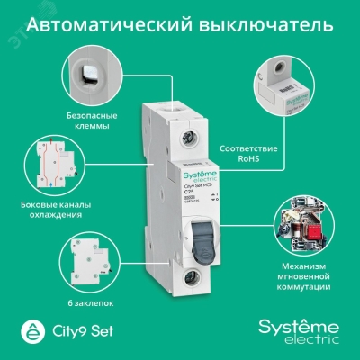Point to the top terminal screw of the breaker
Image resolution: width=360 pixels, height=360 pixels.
(186, 138)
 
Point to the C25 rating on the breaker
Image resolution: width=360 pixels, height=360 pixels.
(174, 192)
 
